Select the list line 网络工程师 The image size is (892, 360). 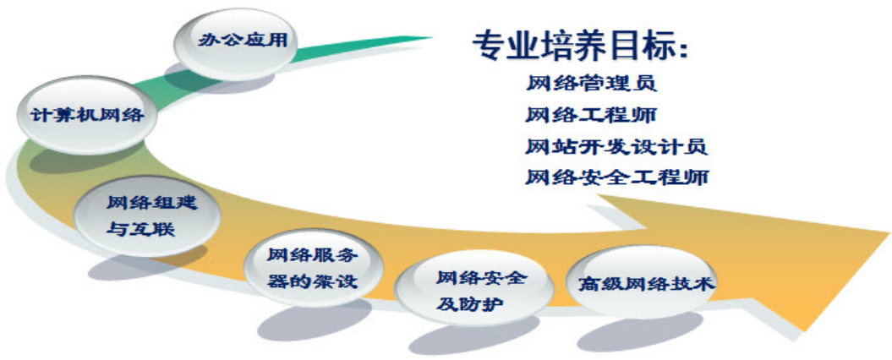coord(592,116)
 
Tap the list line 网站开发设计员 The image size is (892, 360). coord(617,147)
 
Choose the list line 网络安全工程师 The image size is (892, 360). coord(617,177)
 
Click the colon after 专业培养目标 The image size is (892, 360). coord(682,49)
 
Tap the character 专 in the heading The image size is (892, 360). coord(490,45)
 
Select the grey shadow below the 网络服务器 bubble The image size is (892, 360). coord(314,319)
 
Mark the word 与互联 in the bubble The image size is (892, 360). coord(140,230)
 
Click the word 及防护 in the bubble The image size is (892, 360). coord(470,303)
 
